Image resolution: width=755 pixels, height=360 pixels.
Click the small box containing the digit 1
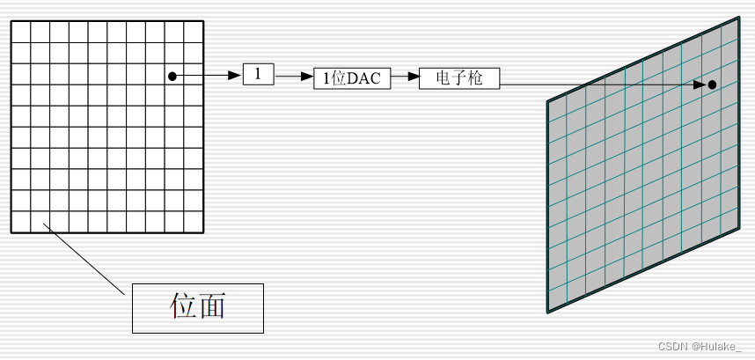[258, 75]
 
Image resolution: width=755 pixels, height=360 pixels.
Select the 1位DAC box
[351, 78]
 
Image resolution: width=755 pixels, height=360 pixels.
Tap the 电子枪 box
[459, 78]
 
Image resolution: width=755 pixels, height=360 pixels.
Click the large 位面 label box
[198, 308]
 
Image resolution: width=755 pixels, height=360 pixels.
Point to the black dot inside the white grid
[172, 77]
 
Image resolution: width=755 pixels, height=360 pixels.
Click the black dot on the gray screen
[711, 84]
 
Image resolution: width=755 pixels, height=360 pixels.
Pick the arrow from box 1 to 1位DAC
[295, 77]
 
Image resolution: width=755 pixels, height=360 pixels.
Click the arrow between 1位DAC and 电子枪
[405, 77]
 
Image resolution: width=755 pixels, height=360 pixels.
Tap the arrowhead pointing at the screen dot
[700, 84]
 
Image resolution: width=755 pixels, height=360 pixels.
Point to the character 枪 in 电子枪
[475, 78]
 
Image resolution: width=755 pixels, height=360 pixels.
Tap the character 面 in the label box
[212, 306]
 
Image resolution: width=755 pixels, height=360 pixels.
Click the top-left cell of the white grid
[21, 32]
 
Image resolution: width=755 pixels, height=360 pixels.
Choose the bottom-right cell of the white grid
[194, 222]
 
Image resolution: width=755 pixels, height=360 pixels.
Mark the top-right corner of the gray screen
[739, 18]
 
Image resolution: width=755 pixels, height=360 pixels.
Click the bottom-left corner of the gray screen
[547, 312]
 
